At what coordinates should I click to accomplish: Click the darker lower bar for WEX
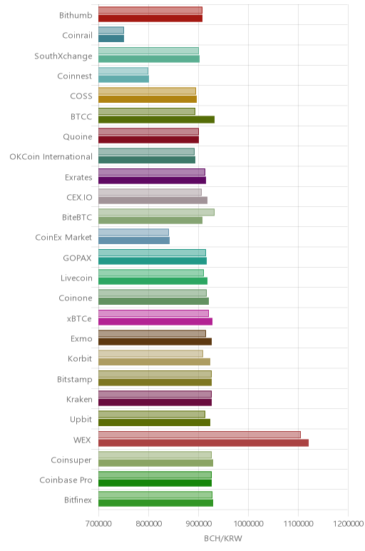tap(204, 443)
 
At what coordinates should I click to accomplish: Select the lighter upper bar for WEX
tap(200, 435)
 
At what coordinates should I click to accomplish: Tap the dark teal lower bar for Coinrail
tap(111, 39)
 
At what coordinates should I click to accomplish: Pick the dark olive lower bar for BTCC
tap(157, 119)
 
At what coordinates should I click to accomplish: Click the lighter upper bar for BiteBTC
tap(157, 212)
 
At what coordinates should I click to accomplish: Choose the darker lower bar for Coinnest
tap(123, 79)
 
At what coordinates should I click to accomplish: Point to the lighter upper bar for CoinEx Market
tap(134, 232)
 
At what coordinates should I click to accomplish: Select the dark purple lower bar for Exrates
tap(153, 181)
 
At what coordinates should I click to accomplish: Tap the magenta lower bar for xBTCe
tap(155, 321)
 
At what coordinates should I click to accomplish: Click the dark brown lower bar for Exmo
tap(155, 342)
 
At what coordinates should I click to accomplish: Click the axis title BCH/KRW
tap(223, 538)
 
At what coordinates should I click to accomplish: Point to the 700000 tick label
tap(98, 524)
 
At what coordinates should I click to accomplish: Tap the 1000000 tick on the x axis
tap(249, 524)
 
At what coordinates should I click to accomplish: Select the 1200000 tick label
tap(349, 524)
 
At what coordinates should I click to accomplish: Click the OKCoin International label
tap(51, 157)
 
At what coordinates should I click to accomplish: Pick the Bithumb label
tap(76, 16)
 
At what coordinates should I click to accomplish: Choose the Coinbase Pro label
tap(66, 480)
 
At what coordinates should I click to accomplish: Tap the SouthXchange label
tap(63, 56)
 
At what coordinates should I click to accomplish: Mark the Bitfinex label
tap(78, 500)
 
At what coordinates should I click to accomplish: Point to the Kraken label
tap(79, 400)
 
